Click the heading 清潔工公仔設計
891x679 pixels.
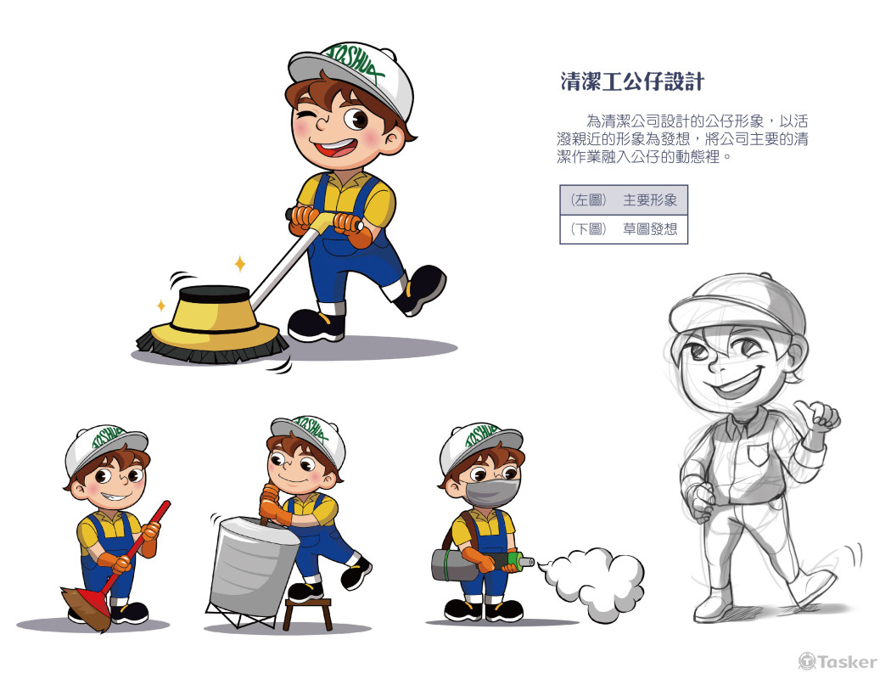coord(632,81)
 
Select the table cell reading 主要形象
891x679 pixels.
coord(650,200)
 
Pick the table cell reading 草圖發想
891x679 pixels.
coord(650,229)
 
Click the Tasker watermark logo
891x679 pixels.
coord(838,661)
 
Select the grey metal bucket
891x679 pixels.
coord(250,564)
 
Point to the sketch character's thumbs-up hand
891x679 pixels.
coord(819,418)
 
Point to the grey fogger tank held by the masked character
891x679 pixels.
coord(456,564)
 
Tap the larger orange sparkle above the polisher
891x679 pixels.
coord(240,263)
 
